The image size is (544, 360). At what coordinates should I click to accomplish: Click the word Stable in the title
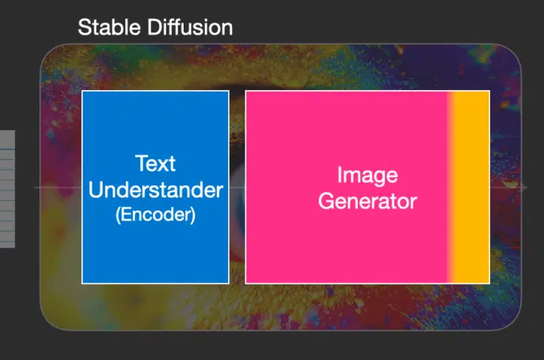109,27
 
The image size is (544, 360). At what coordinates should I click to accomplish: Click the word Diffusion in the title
190,27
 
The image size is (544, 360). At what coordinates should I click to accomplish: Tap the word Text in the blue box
155,163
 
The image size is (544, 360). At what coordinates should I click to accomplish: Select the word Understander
155,190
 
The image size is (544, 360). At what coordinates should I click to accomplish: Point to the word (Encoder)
155,214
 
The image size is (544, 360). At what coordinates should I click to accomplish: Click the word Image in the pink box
367,176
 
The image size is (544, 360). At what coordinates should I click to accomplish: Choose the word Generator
367,201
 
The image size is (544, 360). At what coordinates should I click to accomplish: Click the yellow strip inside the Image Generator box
471,188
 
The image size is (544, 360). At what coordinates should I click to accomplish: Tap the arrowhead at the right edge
523,188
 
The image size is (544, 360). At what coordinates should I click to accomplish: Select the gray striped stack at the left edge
7,189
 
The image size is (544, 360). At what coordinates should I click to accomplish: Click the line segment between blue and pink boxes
237,188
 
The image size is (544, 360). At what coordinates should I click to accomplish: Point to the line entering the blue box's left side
58,188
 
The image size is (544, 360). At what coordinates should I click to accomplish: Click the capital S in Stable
85,27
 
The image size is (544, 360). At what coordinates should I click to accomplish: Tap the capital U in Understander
96,190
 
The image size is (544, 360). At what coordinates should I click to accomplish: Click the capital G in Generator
326,201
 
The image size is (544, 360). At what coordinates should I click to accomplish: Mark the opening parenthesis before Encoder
118,215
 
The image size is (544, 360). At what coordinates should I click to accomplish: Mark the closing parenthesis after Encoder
193,215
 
